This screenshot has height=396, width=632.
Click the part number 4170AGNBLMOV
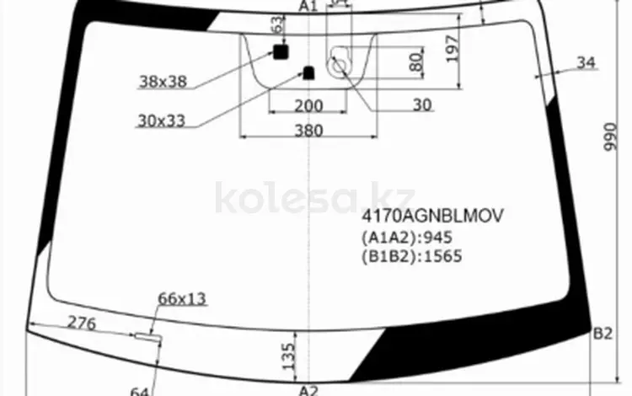click(x=432, y=216)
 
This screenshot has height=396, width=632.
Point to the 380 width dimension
click(x=309, y=131)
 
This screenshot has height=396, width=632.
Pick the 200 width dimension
click(x=309, y=105)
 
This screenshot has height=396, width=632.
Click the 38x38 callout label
click(x=162, y=82)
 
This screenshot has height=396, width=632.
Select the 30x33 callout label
click(x=161, y=120)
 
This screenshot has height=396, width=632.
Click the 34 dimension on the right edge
click(x=586, y=62)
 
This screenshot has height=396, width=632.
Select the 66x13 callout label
click(x=182, y=298)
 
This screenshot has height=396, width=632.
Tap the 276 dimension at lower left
click(x=81, y=324)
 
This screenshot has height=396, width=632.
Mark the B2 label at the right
click(x=602, y=334)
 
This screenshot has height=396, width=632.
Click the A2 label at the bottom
click(x=308, y=389)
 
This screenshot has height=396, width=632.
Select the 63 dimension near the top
click(x=276, y=27)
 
